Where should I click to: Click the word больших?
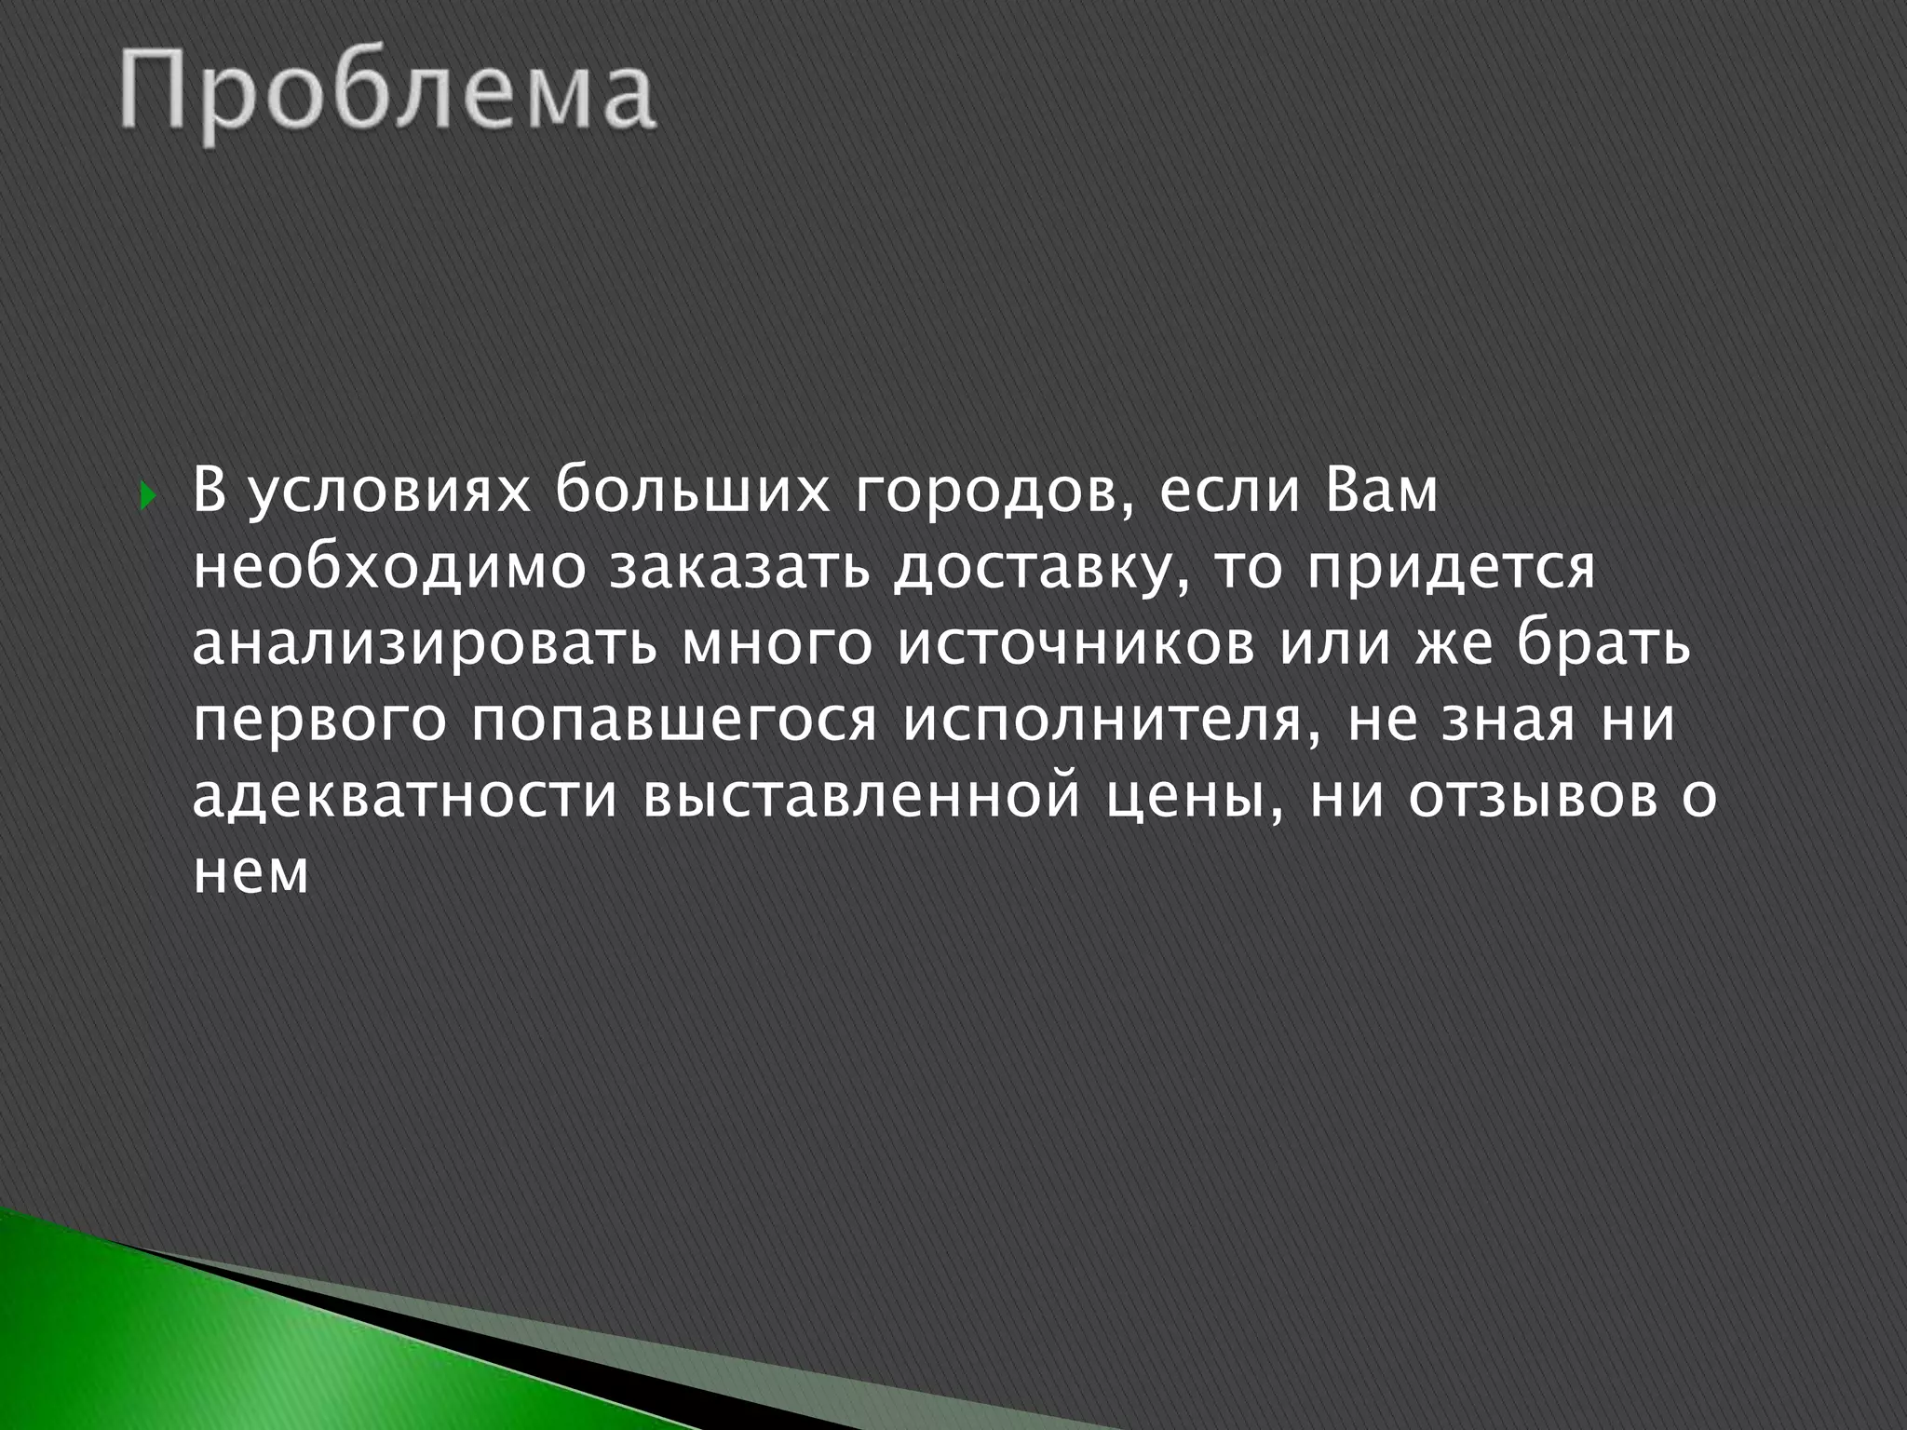(x=694, y=491)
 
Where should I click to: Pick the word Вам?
(x=1379, y=491)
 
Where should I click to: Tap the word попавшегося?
(x=673, y=723)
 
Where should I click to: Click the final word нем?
(x=250, y=876)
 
